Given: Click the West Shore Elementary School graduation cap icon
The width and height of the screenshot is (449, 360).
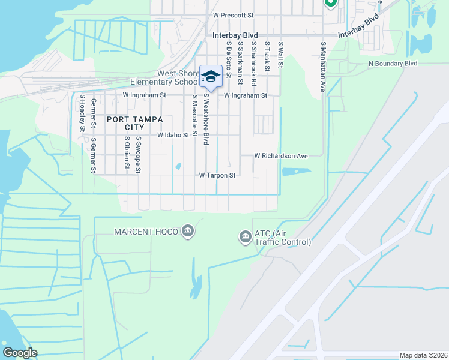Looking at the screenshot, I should [211, 76].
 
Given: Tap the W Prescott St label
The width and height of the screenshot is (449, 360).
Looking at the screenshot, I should [234, 14].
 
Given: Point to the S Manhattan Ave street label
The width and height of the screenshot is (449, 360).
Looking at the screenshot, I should [322, 66].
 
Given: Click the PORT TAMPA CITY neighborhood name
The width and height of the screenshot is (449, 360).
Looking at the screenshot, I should [126, 124].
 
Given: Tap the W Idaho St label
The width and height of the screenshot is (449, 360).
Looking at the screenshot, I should [173, 136].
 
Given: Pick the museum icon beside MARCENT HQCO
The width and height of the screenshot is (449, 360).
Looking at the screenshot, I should [188, 231].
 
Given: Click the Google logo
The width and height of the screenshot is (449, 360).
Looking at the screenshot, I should [20, 352].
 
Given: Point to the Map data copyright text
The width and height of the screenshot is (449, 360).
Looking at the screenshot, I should [423, 355].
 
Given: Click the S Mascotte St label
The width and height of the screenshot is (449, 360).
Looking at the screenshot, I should [194, 116].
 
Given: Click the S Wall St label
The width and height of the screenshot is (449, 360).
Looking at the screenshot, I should [280, 56].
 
